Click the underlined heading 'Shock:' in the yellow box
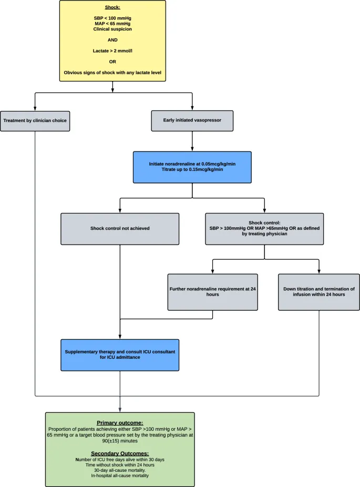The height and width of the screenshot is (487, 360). (x=112, y=7)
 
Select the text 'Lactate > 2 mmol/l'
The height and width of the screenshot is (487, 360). (x=112, y=50)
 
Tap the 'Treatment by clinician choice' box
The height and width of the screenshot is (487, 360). (x=35, y=120)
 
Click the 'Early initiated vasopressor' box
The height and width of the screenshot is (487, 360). (x=192, y=120)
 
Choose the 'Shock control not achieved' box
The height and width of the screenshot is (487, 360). (x=120, y=229)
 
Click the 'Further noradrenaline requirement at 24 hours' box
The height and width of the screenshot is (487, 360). (x=212, y=292)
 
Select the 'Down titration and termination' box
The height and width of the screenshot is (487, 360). (x=318, y=292)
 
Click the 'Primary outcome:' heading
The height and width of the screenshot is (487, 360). (x=120, y=422)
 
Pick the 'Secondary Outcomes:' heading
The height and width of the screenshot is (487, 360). (x=120, y=453)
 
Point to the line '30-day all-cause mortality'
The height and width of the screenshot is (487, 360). (x=120, y=470)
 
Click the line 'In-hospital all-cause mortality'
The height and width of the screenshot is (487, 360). (x=120, y=475)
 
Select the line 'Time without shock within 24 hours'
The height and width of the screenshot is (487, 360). (x=120, y=465)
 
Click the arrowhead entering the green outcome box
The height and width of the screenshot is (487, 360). (x=120, y=409)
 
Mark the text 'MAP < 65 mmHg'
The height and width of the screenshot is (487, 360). (x=112, y=24)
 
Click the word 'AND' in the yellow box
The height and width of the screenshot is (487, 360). (x=112, y=40)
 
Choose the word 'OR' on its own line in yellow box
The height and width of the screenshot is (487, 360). (x=112, y=62)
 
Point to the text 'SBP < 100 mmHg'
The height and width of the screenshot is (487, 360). (x=112, y=18)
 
